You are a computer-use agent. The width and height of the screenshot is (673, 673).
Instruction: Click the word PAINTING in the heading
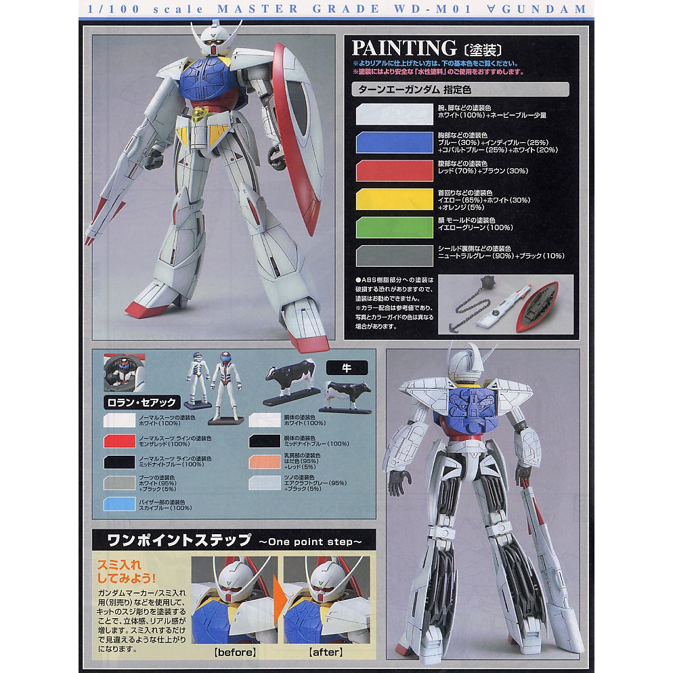[x=404, y=48]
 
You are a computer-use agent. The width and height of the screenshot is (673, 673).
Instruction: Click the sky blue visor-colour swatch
[x=118, y=504]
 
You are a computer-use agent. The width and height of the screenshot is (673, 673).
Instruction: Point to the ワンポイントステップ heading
[x=173, y=542]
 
